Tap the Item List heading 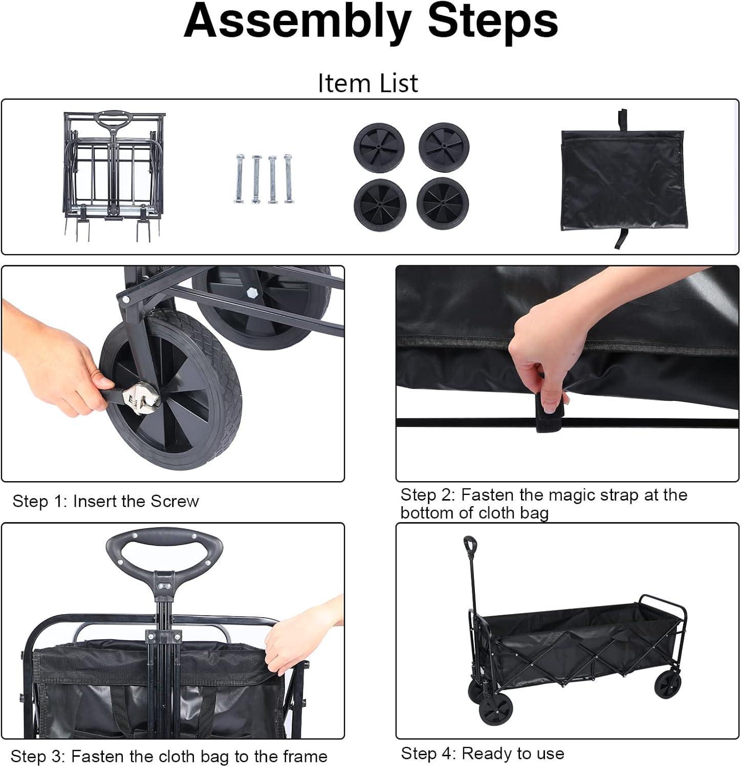tap(368, 83)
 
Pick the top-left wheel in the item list tap(379, 148)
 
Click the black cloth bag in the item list tap(622, 179)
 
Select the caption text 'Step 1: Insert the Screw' tap(105, 501)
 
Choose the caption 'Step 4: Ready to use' tap(483, 753)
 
